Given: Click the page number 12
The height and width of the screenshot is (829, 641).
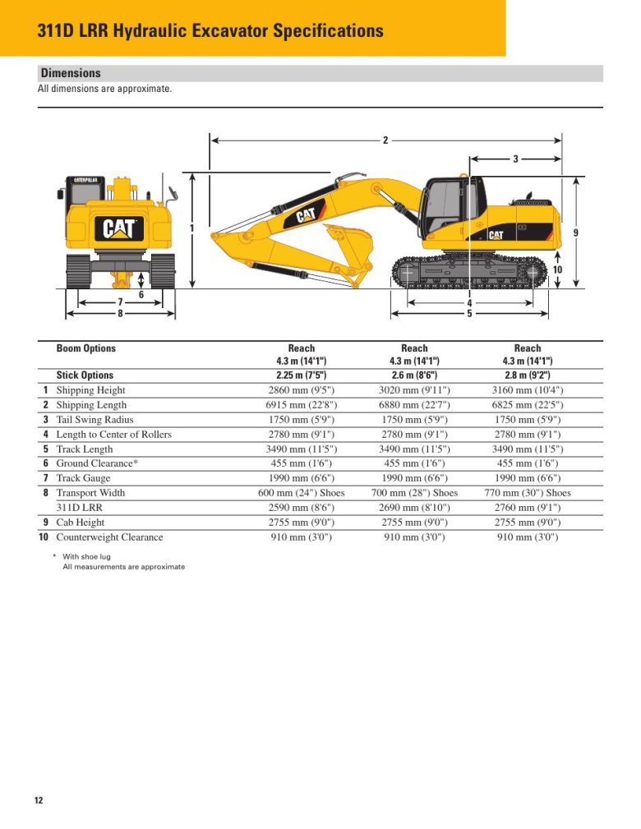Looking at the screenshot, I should pyautogui.click(x=39, y=800).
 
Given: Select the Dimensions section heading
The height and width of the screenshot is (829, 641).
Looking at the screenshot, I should pyautogui.click(x=71, y=73).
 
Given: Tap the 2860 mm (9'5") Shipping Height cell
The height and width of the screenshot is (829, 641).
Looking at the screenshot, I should pyautogui.click(x=301, y=390).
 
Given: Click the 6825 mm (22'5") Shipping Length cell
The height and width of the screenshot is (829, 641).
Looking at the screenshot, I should pyautogui.click(x=527, y=405).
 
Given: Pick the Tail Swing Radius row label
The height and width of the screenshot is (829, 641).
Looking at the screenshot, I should pyautogui.click(x=95, y=420).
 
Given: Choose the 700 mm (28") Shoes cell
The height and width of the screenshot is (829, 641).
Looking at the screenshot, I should pyautogui.click(x=414, y=493).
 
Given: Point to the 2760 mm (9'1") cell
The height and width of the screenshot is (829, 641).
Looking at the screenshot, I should pyautogui.click(x=527, y=508).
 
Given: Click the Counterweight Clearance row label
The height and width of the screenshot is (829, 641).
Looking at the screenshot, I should pyautogui.click(x=109, y=537).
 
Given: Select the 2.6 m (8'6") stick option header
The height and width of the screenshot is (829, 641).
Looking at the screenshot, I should pyautogui.click(x=414, y=375).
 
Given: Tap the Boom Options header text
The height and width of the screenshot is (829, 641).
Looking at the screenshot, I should pyautogui.click(x=86, y=348).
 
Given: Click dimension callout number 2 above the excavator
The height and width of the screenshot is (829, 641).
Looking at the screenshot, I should pyautogui.click(x=385, y=140).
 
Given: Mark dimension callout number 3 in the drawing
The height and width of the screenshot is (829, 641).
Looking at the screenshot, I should pyautogui.click(x=515, y=159).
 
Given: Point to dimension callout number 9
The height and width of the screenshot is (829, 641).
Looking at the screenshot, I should pyautogui.click(x=575, y=233).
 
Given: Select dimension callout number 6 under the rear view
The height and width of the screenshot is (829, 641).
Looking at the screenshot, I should pyautogui.click(x=141, y=294).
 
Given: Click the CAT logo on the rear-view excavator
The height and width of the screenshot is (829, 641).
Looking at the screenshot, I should pyautogui.click(x=120, y=228).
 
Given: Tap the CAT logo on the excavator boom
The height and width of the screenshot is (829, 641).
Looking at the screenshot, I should pyautogui.click(x=305, y=216).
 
